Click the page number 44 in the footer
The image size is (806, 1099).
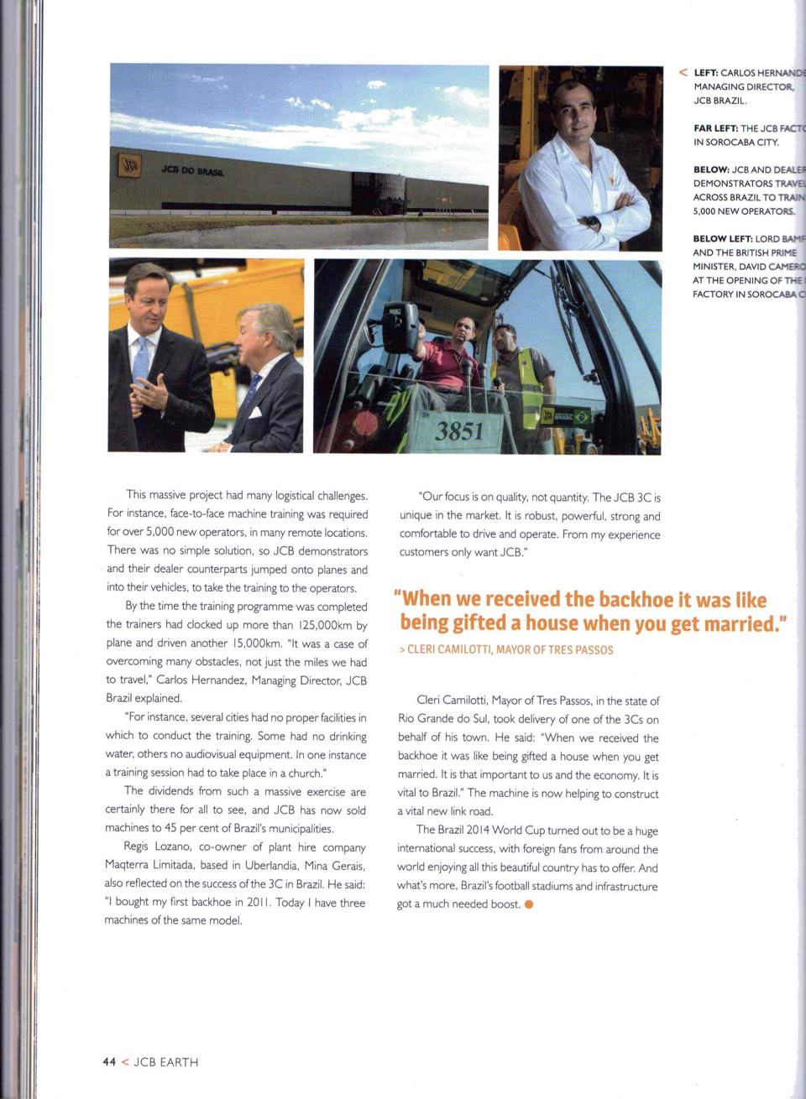[x=109, y=1062]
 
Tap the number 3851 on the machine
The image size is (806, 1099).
[x=458, y=431]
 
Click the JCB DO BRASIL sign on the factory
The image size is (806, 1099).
[x=192, y=170]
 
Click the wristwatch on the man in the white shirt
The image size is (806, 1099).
[x=593, y=223]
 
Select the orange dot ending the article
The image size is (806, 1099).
[x=529, y=904]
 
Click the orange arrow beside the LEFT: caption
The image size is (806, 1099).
[x=683, y=73]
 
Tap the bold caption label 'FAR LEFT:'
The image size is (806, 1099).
[x=715, y=128]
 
